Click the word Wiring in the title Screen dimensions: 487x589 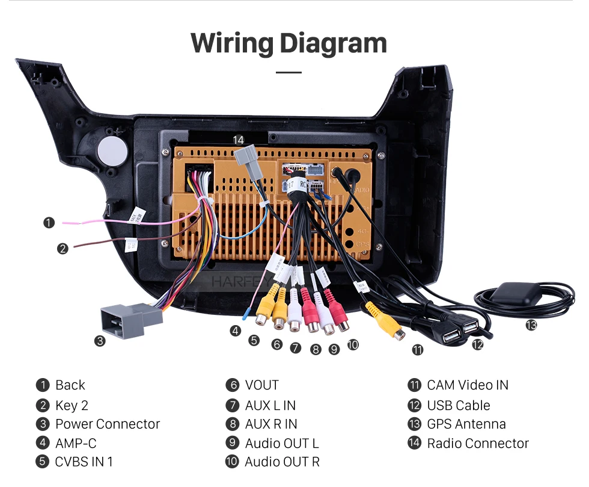231,43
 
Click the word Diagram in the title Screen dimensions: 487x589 333,43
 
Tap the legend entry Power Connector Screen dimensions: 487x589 108,424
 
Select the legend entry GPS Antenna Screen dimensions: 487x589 466,424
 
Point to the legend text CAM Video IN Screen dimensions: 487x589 467,385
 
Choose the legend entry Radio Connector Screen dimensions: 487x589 478,443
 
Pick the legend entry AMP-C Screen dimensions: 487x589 76,443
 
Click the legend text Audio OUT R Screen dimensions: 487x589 282,462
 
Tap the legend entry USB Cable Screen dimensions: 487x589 458,405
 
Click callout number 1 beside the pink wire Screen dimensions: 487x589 49,223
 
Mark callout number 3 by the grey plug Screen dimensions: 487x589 100,341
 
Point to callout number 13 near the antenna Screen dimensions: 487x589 531,325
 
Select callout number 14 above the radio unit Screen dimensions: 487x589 239,140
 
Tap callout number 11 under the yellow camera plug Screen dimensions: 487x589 417,350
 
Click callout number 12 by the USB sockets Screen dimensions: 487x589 477,344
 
